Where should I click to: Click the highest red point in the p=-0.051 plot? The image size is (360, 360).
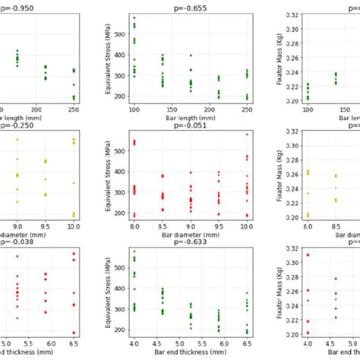tap(246, 134)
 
